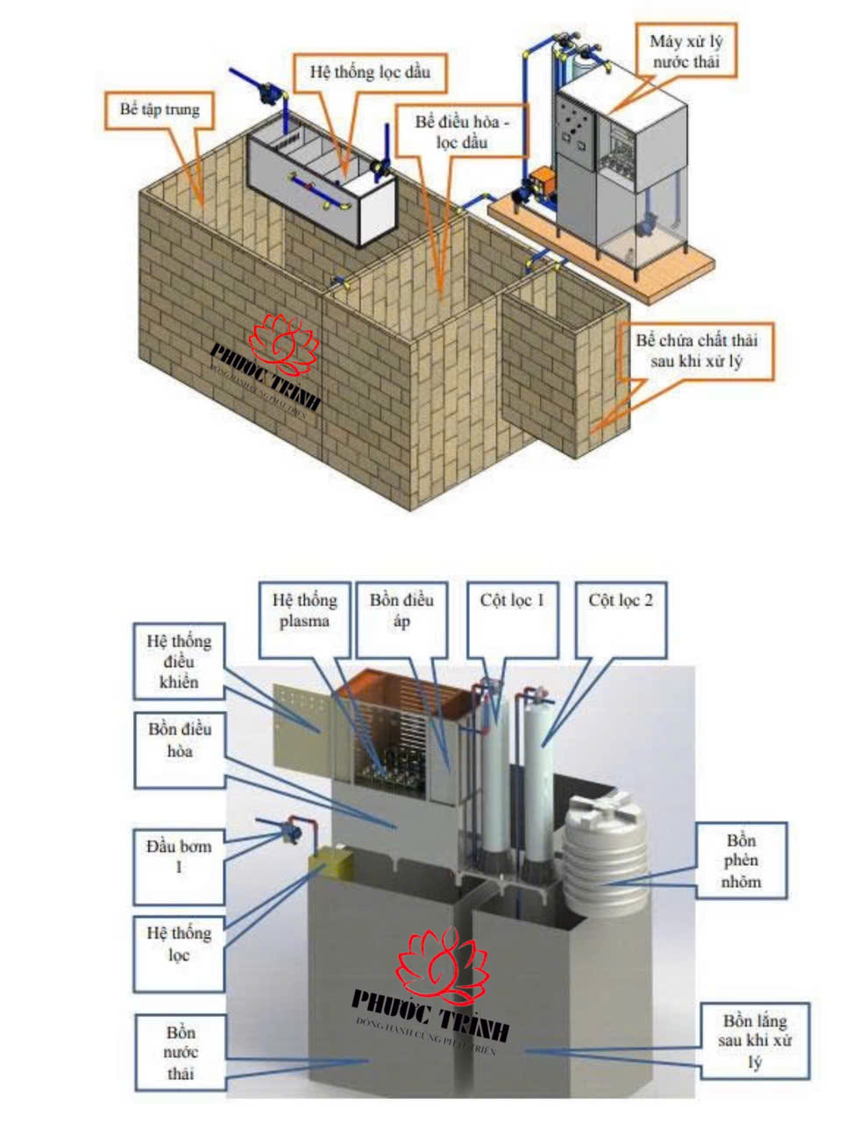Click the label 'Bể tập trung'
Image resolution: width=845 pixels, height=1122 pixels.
[160, 110]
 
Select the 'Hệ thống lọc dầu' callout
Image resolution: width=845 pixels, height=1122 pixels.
[370, 72]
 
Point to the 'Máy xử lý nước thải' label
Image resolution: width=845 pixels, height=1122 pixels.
[685, 51]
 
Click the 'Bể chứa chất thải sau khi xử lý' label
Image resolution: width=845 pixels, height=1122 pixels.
[697, 351]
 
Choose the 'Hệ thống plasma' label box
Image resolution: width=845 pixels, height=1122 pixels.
[304, 611]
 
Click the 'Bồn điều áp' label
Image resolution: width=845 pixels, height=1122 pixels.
[401, 611]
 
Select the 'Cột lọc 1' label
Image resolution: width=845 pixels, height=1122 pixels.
[512, 601]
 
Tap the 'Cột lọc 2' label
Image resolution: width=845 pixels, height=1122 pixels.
[621, 601]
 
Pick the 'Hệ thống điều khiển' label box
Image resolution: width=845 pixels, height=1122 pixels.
[179, 662]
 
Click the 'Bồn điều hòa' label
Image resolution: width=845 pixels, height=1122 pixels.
[179, 740]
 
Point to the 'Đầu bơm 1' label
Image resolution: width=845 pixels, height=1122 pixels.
[179, 857]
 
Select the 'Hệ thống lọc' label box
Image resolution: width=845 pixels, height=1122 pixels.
[179, 943]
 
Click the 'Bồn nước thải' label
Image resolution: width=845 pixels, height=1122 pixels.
[180, 1053]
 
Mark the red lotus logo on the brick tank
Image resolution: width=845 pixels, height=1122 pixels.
[282, 344]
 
